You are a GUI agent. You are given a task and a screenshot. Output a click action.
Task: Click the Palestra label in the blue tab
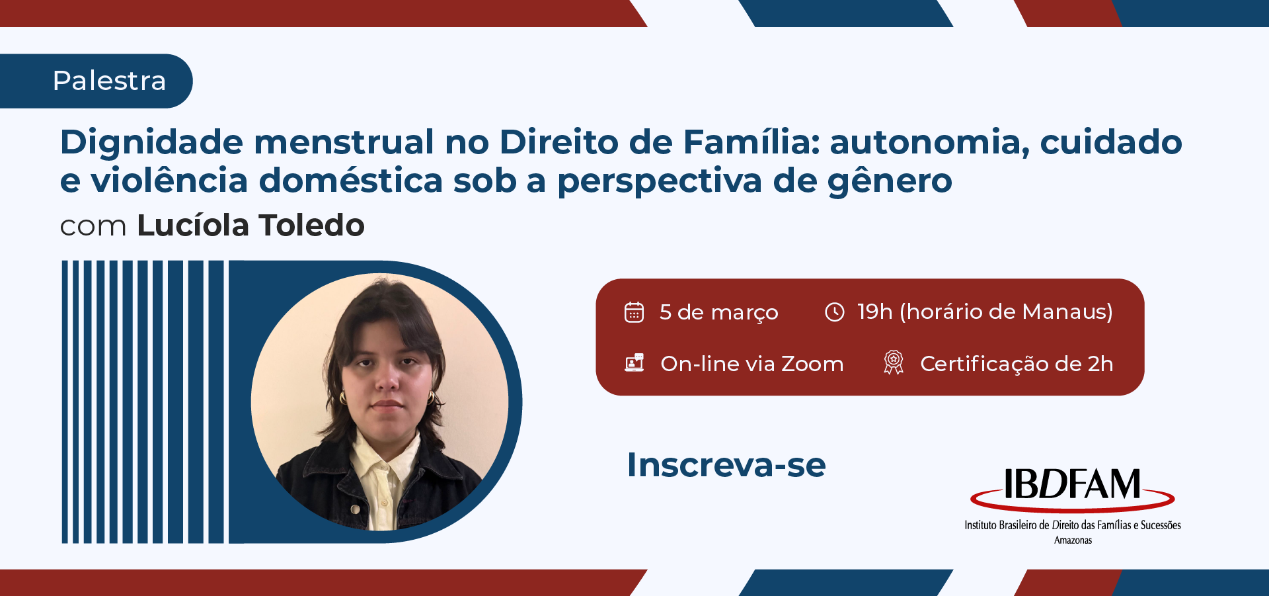pos(109,81)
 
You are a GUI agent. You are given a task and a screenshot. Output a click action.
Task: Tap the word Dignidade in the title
pos(151,142)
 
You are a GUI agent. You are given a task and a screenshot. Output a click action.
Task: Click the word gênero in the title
pos(890,181)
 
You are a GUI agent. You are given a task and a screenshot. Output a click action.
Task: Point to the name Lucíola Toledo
pos(250,226)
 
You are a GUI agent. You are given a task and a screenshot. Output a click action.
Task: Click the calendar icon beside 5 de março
pos(634,312)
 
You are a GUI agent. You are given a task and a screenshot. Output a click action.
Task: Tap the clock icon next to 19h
pos(835,312)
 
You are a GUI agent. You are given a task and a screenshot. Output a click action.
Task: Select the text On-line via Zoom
pos(752,364)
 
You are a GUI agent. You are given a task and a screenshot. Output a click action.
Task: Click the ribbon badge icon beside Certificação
pos(894,362)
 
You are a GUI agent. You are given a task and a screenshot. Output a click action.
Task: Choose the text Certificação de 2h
pos(1017,364)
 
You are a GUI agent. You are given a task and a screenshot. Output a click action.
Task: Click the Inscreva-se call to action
pos(726,465)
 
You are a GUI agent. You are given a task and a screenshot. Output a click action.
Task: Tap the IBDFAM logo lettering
pos(1072,485)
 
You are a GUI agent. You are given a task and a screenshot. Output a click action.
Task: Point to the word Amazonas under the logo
pos(1073,540)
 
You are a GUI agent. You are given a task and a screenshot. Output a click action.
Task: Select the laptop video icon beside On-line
pos(634,362)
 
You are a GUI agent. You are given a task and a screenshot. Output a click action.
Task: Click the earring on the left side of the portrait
pos(343,398)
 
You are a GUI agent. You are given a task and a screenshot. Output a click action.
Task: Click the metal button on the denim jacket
pos(355,509)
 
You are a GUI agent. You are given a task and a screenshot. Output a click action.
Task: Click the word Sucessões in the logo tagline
pos(1161,525)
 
